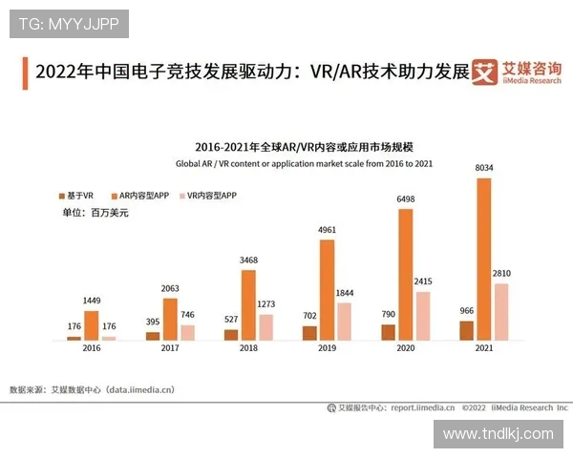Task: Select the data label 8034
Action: click(x=484, y=168)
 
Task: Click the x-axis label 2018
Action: click(x=248, y=350)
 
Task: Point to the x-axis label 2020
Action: click(x=406, y=350)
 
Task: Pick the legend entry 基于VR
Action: click(x=76, y=196)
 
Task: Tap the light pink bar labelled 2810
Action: click(x=501, y=311)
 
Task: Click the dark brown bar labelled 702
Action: click(x=309, y=333)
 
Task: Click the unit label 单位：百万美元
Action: click(x=95, y=213)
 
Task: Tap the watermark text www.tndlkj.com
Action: click(x=498, y=434)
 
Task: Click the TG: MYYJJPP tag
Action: click(x=69, y=24)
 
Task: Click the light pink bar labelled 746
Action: click(x=188, y=332)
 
